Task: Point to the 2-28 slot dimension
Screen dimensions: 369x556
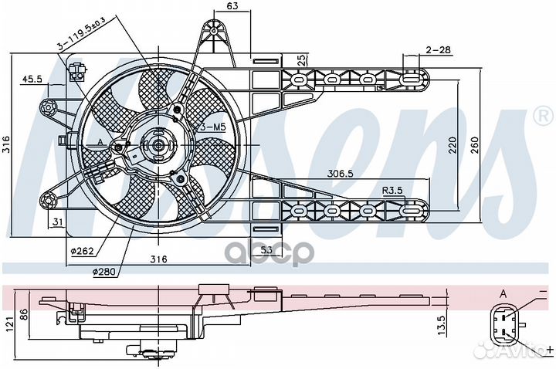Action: click(436, 50)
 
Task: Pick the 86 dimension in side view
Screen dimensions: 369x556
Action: click(23, 315)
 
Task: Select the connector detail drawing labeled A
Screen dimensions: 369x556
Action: click(506, 324)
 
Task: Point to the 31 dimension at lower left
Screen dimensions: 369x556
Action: click(58, 223)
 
